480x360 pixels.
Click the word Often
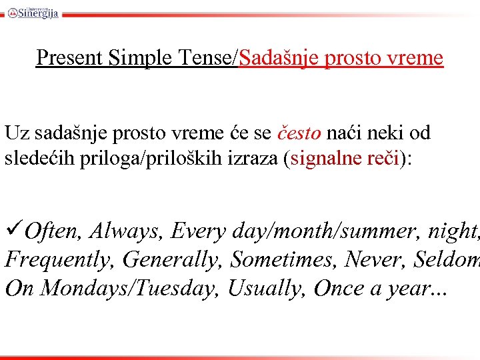pyautogui.click(x=55, y=231)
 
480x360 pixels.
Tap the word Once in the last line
pyautogui.click(x=339, y=289)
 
